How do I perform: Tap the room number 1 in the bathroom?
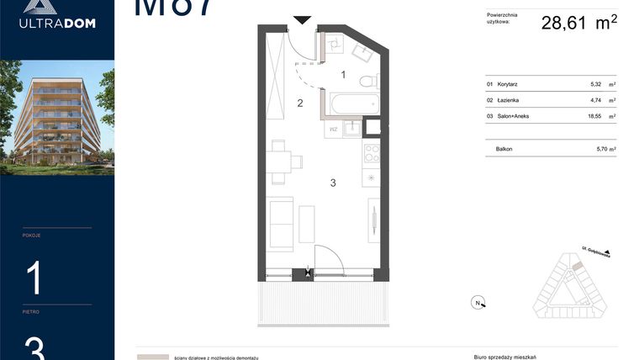pos(343,75)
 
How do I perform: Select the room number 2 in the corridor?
pos(299,103)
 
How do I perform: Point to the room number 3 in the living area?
pos(333,183)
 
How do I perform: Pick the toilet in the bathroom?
pos(367,82)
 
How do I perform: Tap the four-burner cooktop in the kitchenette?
pos(371,154)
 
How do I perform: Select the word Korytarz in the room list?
pos(508,84)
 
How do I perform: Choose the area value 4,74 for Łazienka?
pos(596,100)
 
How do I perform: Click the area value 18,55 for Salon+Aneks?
pos(594,116)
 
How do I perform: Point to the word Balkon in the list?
pos(504,149)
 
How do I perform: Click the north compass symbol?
pos(477,303)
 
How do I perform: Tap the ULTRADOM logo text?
pos(57,23)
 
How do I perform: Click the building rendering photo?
pos(57,117)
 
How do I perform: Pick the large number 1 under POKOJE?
pos(34,278)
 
